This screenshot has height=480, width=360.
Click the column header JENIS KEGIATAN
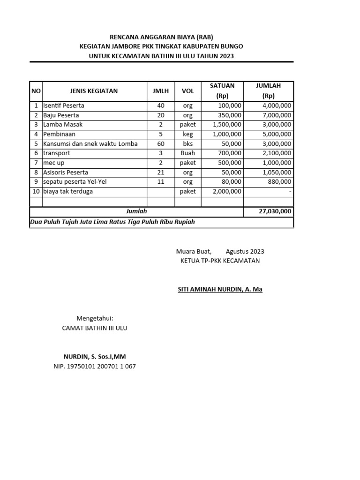tap(94, 91)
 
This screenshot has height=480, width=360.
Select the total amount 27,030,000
tap(275, 211)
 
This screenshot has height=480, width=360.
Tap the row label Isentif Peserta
tap(64, 106)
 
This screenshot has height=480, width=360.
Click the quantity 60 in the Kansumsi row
tap(161, 144)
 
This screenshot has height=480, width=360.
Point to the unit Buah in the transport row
tap(187, 153)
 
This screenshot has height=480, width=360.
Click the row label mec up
tap(54, 163)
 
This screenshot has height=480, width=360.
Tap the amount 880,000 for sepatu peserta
tap(280, 181)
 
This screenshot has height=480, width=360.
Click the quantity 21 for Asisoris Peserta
tap(161, 172)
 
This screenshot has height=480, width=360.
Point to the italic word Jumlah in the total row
tap(136, 211)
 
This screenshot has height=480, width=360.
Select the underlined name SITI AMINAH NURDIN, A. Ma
tap(220, 290)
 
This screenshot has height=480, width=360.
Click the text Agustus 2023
tap(245, 252)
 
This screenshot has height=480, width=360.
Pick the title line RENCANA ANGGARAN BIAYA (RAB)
tap(161, 37)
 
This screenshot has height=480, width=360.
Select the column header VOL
tap(187, 91)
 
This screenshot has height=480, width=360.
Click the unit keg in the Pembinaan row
tap(187, 134)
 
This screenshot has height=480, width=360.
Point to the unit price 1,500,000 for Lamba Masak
tap(227, 125)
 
